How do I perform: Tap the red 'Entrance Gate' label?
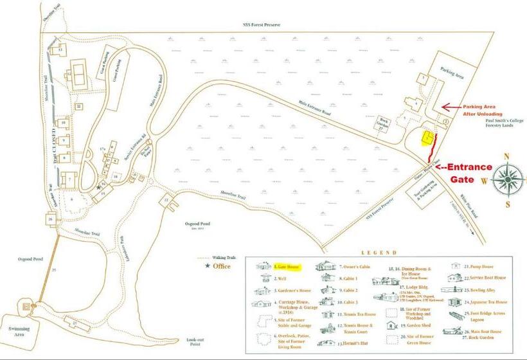tap(469, 173)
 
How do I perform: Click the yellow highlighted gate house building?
tap(426, 137)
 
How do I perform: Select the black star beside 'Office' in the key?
tap(206, 265)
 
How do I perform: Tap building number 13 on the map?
tap(60, 49)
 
